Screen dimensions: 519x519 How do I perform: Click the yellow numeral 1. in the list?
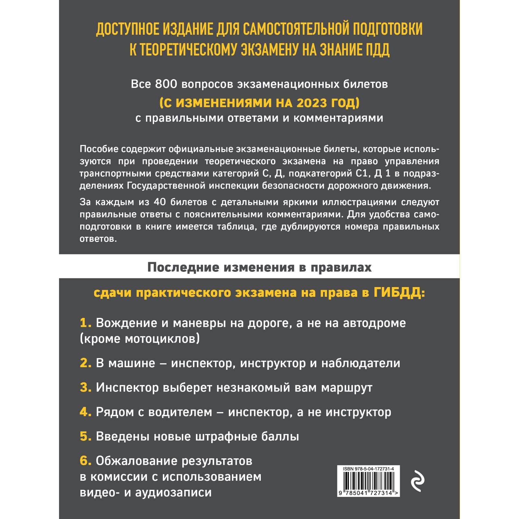(86, 323)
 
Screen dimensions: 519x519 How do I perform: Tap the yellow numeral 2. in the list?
(86, 363)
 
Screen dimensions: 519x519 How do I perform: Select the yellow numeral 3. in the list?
(86, 388)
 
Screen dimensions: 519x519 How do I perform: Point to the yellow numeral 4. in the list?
(86, 412)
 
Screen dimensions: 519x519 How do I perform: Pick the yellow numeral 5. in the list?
(86, 437)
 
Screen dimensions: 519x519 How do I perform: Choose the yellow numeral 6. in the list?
(86, 461)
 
